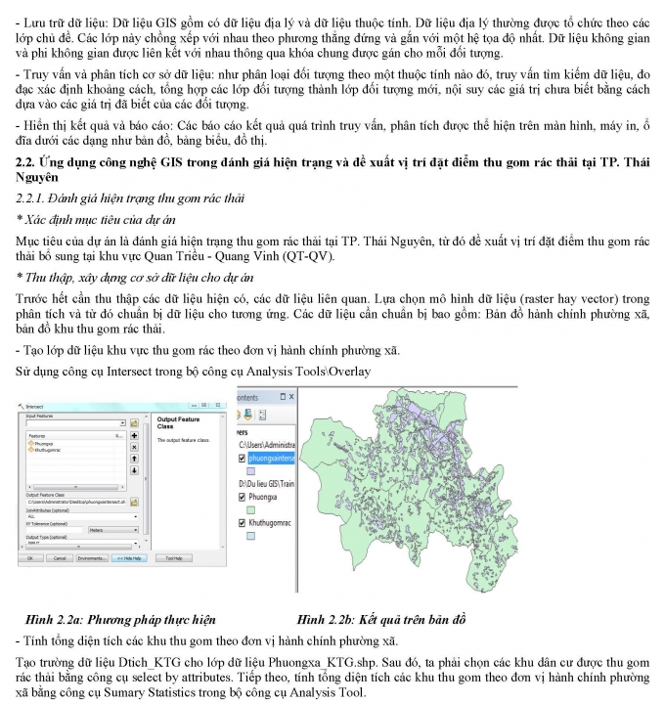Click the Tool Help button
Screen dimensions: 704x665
click(x=173, y=557)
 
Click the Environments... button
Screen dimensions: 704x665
click(x=91, y=557)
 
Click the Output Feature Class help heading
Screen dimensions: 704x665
click(x=178, y=422)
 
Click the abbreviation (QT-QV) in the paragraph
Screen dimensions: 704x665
click(x=310, y=257)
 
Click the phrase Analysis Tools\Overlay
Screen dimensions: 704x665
click(x=318, y=371)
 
